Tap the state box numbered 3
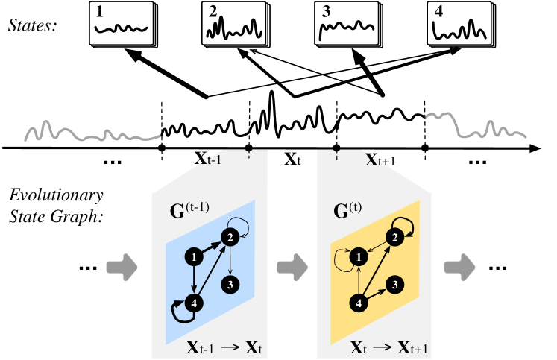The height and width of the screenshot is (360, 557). click(343, 25)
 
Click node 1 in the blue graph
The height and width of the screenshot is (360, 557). click(194, 257)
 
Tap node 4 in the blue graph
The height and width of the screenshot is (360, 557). click(194, 303)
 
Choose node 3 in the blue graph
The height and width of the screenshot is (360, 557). click(232, 283)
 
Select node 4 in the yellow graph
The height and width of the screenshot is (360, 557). click(359, 303)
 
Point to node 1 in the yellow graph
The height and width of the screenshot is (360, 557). click(359, 257)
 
